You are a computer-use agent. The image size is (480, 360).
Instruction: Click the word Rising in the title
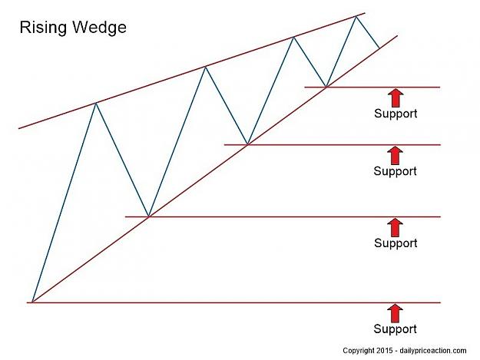click(x=43, y=28)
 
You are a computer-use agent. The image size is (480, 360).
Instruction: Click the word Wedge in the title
click(x=100, y=27)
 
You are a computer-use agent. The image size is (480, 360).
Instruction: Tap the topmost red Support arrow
click(x=396, y=97)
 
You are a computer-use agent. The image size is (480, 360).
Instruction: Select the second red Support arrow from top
click(x=396, y=155)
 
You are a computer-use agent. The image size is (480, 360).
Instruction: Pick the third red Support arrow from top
click(x=396, y=227)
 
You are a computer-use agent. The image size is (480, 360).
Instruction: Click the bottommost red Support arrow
click(x=396, y=313)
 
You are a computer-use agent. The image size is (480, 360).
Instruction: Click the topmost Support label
click(x=396, y=114)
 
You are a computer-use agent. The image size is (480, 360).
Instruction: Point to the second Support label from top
click(x=395, y=172)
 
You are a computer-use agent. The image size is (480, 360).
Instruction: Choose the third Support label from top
click(x=396, y=244)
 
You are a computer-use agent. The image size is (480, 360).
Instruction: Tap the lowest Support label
click(x=395, y=329)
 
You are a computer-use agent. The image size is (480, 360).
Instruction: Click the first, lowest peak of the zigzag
click(x=96, y=103)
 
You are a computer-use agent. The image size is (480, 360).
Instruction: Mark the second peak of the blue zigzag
click(x=206, y=66)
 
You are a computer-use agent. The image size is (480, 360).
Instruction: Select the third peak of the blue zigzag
click(x=293, y=37)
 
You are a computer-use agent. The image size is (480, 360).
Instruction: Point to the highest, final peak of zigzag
click(x=356, y=16)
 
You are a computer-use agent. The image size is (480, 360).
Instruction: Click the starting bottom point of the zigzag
click(x=32, y=302)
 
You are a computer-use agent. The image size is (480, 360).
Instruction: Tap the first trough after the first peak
click(x=148, y=216)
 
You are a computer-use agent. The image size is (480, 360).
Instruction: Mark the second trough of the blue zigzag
click(x=247, y=144)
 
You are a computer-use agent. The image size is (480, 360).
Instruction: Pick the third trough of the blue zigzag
click(x=326, y=87)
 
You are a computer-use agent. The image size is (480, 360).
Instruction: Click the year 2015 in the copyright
click(x=385, y=351)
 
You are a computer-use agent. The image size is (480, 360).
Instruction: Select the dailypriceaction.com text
click(x=433, y=351)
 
